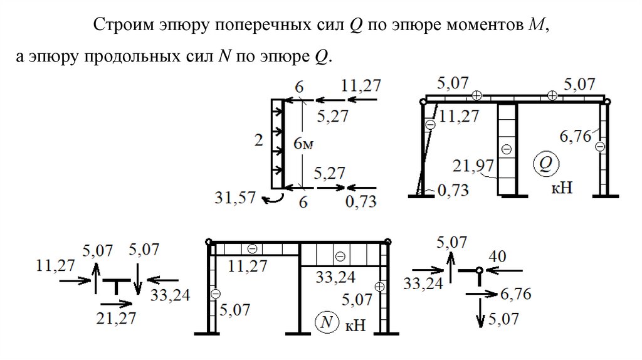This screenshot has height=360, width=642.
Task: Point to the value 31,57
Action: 234,198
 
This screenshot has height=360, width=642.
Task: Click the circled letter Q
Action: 545,164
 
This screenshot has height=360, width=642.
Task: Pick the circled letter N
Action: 326,322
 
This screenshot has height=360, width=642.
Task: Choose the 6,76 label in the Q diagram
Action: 575,135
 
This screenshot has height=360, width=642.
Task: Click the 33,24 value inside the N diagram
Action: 330,276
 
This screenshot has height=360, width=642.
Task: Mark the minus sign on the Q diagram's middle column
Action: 507,149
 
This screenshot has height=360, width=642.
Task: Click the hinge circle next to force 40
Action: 479,271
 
